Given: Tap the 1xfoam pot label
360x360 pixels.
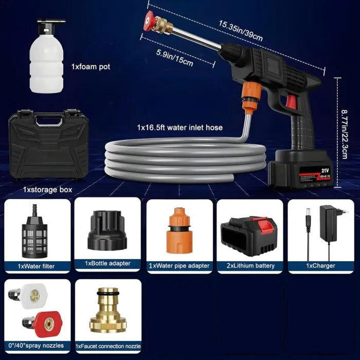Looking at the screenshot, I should pos(90,67).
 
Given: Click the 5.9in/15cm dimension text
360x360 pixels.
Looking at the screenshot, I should pos(174,58).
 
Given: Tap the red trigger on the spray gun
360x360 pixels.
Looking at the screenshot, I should pos(291,101).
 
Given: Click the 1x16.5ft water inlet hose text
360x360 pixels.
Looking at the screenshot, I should pos(179,127).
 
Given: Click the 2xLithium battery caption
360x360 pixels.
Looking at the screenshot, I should pos(250,266).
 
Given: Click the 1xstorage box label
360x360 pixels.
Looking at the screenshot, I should pos(47,190).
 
